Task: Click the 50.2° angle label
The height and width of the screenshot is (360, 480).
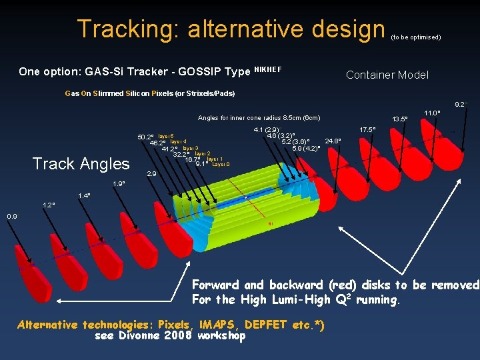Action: [145, 137]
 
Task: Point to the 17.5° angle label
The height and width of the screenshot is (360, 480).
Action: [367, 129]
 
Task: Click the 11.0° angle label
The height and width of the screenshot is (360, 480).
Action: [432, 113]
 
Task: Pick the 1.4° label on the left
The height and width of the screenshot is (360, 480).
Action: [84, 195]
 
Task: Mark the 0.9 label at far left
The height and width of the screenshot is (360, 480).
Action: [12, 217]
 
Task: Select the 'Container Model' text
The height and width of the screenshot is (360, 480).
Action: [387, 75]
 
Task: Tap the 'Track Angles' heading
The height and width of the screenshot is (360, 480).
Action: [81, 163]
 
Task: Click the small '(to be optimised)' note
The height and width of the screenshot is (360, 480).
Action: [415, 37]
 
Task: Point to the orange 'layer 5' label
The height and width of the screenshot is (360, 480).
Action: [166, 136]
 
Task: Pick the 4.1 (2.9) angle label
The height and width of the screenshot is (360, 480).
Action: [267, 130]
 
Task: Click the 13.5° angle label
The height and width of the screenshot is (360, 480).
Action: [400, 119]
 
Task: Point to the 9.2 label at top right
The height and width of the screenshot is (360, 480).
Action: [459, 105]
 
